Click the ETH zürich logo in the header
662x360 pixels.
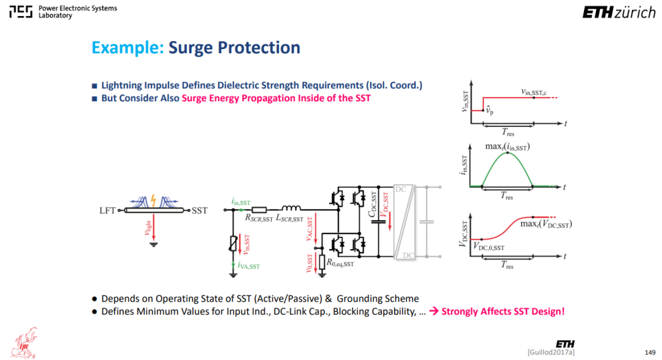[619, 13]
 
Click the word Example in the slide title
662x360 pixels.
[127, 47]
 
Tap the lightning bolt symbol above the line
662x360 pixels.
[153, 201]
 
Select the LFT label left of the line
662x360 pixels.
[107, 210]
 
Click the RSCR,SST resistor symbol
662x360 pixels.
[259, 210]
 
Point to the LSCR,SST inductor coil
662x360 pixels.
[291, 208]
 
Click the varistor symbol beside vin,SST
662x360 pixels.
[233, 243]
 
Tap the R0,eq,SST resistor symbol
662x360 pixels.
[322, 262]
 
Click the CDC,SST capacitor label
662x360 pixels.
[373, 204]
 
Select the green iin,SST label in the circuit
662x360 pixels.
[241, 202]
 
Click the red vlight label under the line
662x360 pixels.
[148, 228]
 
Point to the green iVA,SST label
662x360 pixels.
[249, 266]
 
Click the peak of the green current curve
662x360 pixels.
[508, 153]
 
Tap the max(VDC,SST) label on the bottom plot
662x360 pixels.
[546, 224]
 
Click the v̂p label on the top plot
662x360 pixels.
[489, 111]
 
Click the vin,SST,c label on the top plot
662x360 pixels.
[534, 92]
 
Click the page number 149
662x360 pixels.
[650, 352]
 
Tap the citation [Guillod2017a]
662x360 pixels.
[551, 352]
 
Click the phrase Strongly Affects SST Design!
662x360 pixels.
[503, 312]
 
